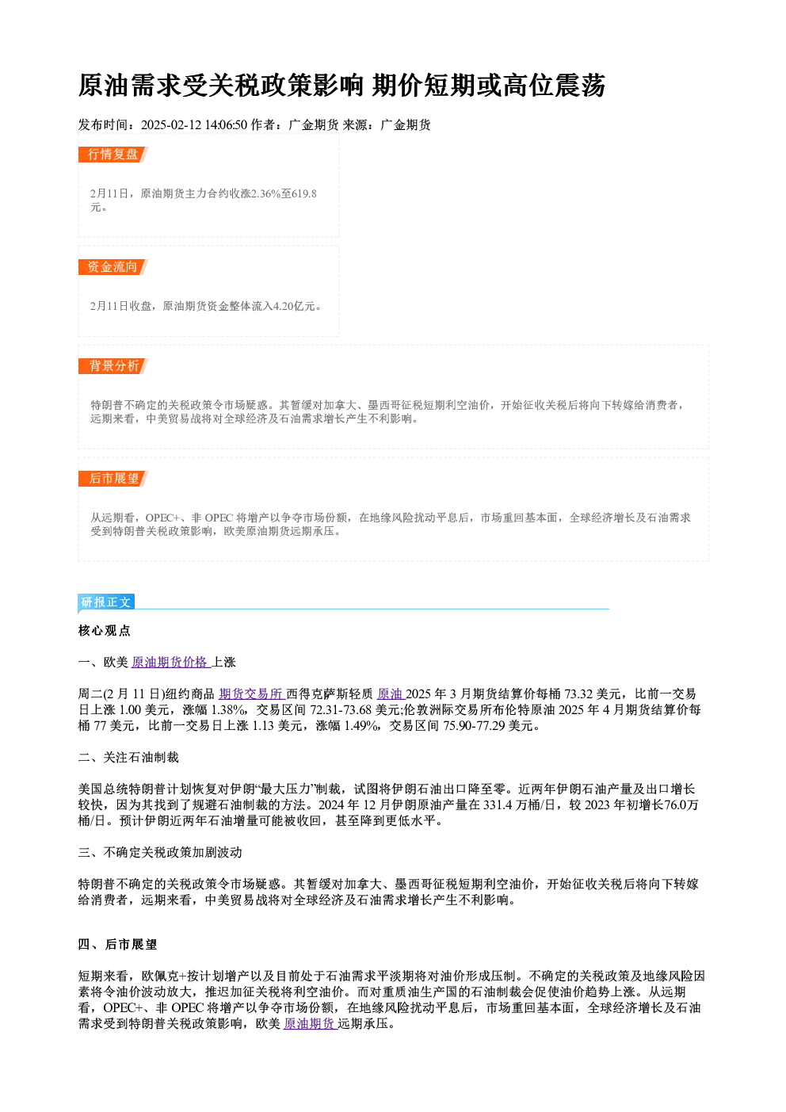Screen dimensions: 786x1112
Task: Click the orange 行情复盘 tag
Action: click(x=113, y=155)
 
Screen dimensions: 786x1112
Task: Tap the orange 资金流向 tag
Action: click(x=113, y=267)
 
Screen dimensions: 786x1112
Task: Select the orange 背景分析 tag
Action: click(x=113, y=366)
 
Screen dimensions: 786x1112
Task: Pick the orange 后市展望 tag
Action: click(x=113, y=479)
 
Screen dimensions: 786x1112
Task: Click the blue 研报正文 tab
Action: click(x=106, y=602)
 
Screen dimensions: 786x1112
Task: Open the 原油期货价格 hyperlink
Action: click(x=170, y=663)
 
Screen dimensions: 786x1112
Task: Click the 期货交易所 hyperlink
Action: click(x=252, y=694)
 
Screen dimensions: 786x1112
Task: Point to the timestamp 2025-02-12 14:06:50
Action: click(x=194, y=125)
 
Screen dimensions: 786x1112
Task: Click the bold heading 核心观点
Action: click(x=105, y=631)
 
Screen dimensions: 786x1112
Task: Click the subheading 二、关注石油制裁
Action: click(x=128, y=758)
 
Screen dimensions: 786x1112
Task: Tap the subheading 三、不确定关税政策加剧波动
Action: click(x=160, y=852)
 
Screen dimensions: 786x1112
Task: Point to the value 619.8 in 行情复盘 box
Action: click(x=304, y=193)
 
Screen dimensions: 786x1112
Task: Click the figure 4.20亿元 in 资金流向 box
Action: click(x=294, y=306)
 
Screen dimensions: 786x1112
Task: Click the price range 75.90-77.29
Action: click(x=474, y=726)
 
